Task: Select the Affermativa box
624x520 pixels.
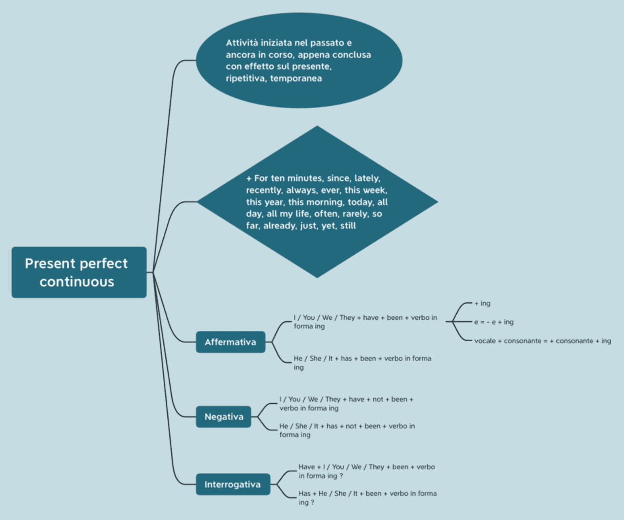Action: tap(230, 342)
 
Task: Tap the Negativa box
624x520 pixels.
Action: tap(224, 417)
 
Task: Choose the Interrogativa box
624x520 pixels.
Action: tap(233, 484)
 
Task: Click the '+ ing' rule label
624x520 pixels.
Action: tap(482, 303)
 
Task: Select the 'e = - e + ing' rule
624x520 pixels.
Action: tap(493, 322)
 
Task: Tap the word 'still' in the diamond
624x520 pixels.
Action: tap(348, 226)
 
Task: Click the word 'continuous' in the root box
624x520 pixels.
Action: tap(77, 282)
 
